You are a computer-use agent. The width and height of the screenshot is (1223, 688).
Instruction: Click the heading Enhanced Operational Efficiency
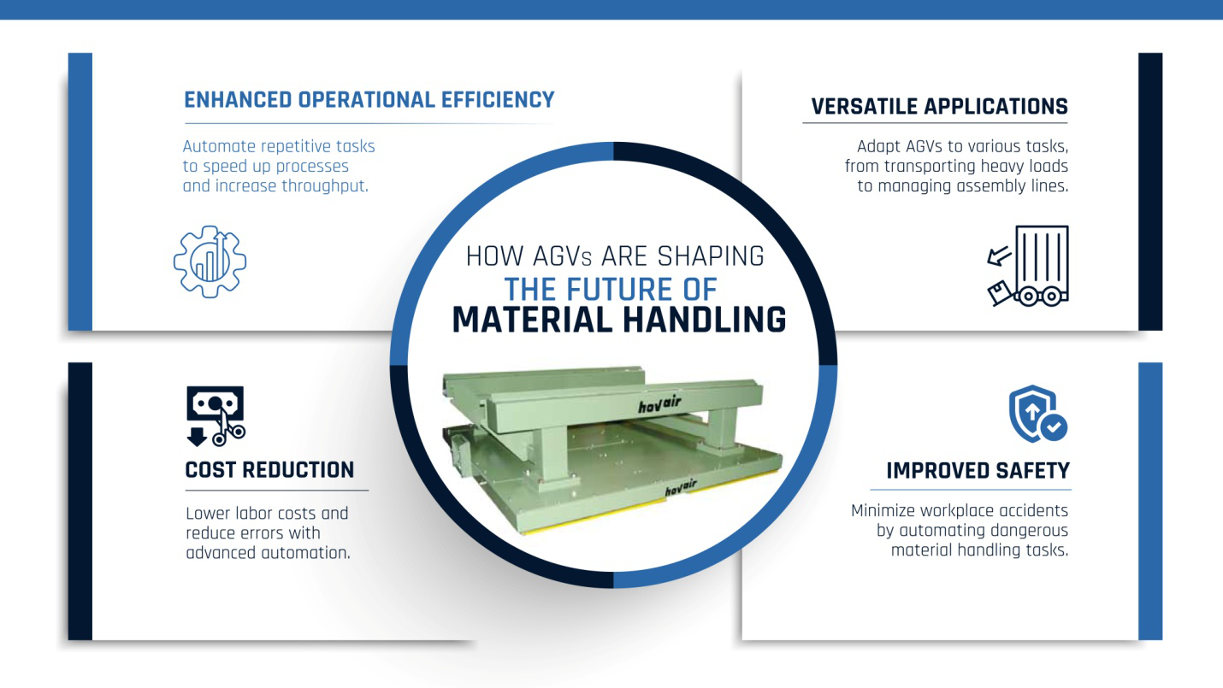click(369, 100)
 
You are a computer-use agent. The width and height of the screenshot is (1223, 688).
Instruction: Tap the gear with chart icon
click(210, 262)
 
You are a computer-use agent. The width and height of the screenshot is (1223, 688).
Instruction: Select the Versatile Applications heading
click(939, 107)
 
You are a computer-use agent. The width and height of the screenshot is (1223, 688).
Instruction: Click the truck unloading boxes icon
click(1027, 265)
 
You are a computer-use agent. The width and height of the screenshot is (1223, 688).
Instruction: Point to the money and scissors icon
click(216, 415)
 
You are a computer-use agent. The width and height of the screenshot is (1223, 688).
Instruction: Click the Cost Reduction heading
click(269, 470)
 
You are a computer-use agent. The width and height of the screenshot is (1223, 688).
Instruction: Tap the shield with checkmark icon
click(1037, 413)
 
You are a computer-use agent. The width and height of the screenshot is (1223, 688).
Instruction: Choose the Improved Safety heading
click(978, 471)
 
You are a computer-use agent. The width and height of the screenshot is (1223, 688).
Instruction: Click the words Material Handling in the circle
click(618, 320)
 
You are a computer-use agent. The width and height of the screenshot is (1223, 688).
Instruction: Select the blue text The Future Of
click(611, 288)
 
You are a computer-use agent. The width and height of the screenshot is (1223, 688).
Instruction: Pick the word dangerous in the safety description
click(1024, 531)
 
